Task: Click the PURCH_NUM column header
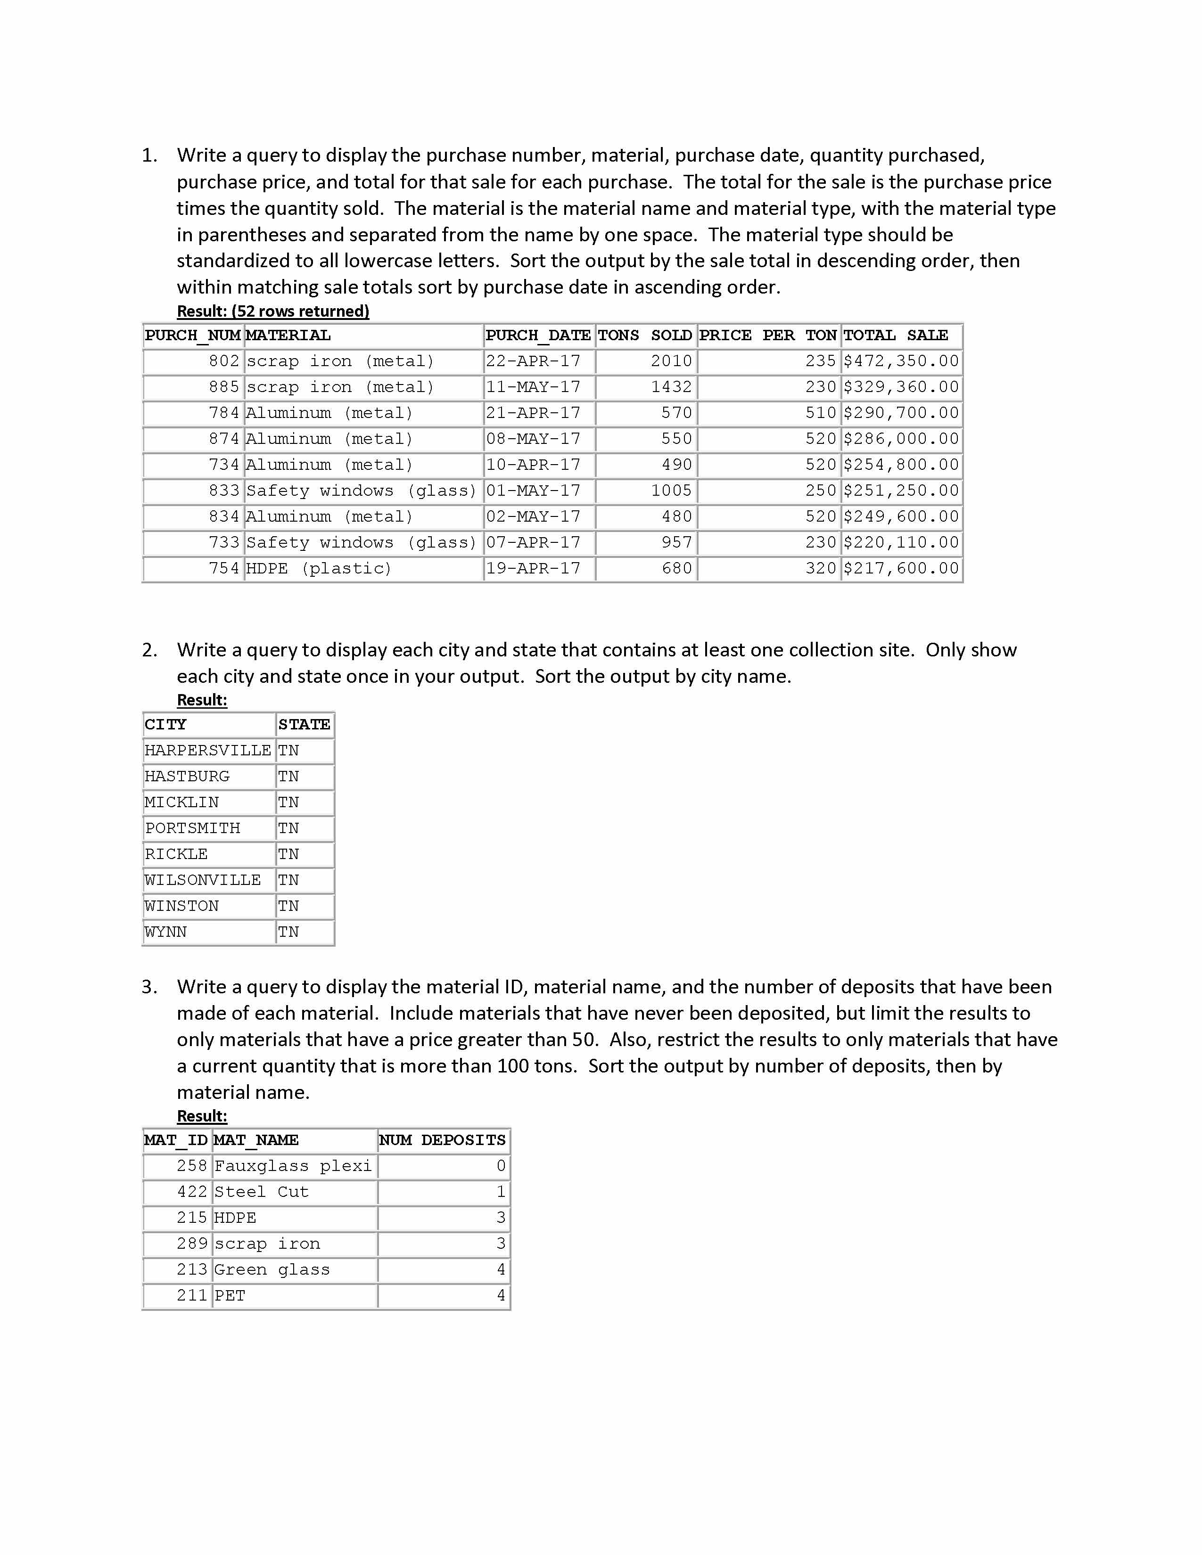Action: click(192, 336)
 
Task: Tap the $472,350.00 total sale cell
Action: click(901, 361)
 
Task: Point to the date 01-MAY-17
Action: click(533, 491)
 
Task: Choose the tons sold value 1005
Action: click(671, 491)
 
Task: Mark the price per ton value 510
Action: click(820, 413)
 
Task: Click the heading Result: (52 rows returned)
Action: click(273, 311)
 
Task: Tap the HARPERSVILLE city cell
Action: click(207, 751)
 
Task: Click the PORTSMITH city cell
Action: click(192, 828)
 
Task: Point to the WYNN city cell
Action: click(166, 932)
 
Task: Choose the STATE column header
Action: click(304, 725)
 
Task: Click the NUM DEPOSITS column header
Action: click(442, 1140)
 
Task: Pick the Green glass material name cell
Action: click(272, 1269)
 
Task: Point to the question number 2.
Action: click(149, 650)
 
